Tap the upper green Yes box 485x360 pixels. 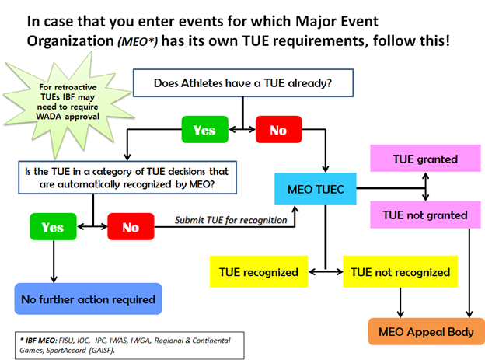tap(204, 130)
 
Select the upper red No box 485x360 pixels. tap(277, 130)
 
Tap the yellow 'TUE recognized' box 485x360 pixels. tap(260, 273)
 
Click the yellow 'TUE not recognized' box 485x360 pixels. tap(401, 273)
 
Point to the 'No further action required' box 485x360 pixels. tap(88, 299)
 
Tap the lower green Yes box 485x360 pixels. tap(53, 228)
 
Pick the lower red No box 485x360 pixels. tap(131, 228)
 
